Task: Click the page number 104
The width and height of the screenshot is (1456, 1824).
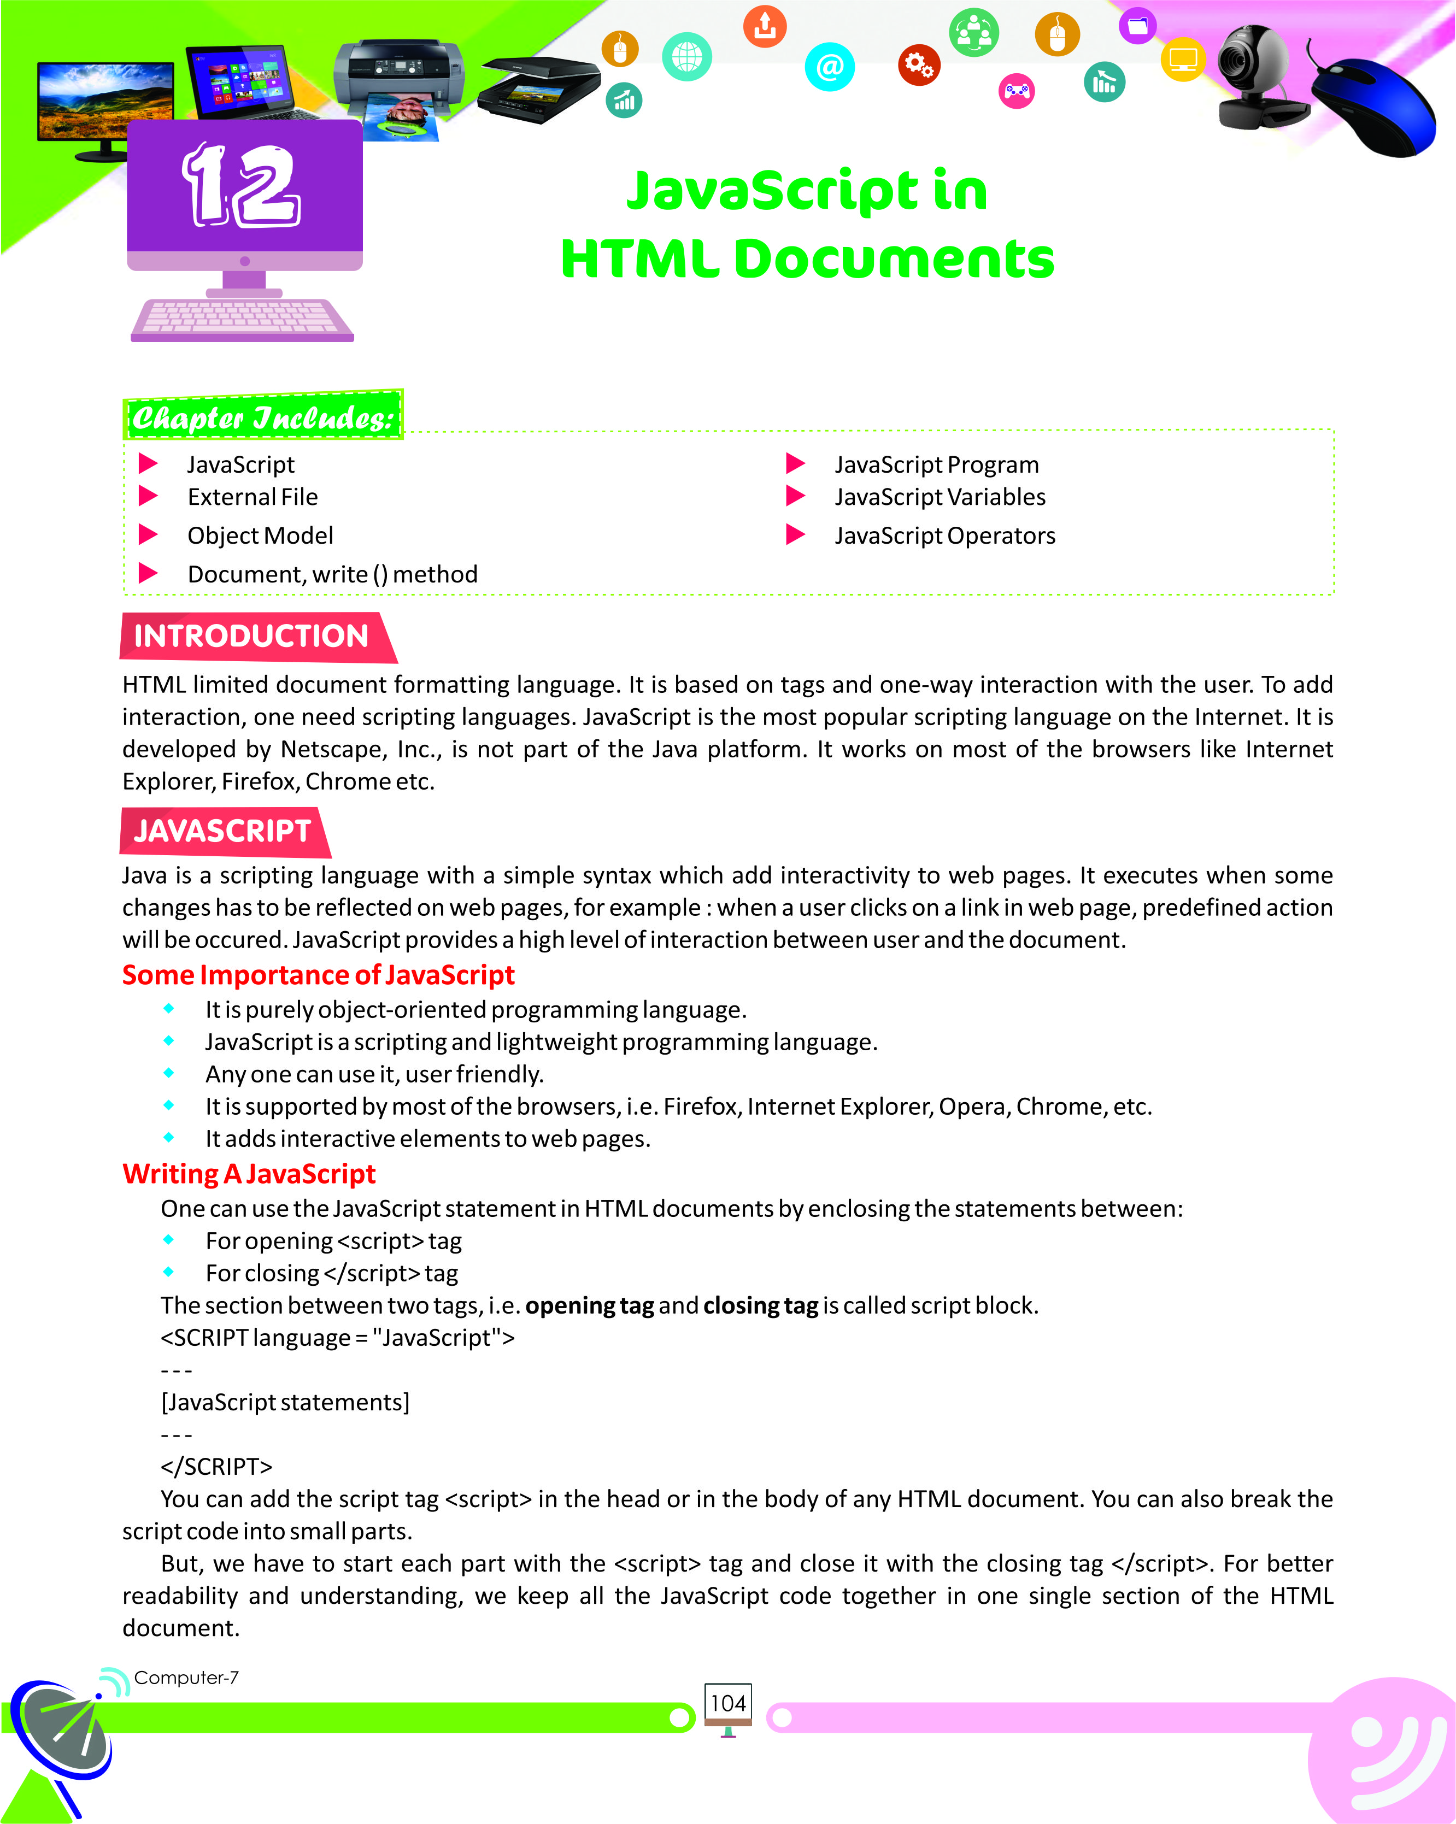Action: click(727, 1703)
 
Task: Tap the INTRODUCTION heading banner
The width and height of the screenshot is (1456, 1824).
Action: click(251, 636)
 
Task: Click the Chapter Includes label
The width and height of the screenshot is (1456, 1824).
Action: click(263, 416)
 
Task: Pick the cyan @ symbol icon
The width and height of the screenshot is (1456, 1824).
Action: click(829, 66)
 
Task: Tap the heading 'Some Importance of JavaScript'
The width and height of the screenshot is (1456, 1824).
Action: click(318, 975)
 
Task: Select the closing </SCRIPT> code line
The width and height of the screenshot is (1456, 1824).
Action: click(216, 1466)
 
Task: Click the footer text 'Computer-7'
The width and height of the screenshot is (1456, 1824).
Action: click(186, 1678)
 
